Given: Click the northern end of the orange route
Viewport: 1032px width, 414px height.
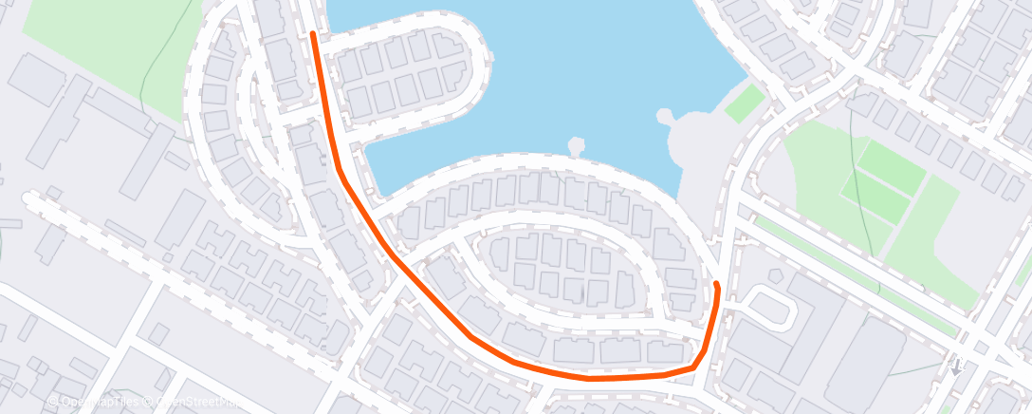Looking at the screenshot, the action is pos(313,34).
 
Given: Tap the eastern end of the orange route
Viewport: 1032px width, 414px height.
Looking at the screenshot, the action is pos(716,284).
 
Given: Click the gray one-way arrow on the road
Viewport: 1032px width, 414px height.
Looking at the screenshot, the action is pos(956,366).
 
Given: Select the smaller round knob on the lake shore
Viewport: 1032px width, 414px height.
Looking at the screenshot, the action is pos(576,145).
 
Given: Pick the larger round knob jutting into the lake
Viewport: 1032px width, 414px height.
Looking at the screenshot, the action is pos(665,117).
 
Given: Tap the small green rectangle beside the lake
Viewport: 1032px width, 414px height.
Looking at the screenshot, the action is pos(745,103).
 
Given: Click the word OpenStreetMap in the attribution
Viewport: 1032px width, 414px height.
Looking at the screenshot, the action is pos(199,401).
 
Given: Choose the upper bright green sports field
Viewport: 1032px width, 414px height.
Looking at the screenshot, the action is pos(891,167).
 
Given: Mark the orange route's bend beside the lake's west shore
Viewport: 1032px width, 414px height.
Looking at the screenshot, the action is pos(339,168).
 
